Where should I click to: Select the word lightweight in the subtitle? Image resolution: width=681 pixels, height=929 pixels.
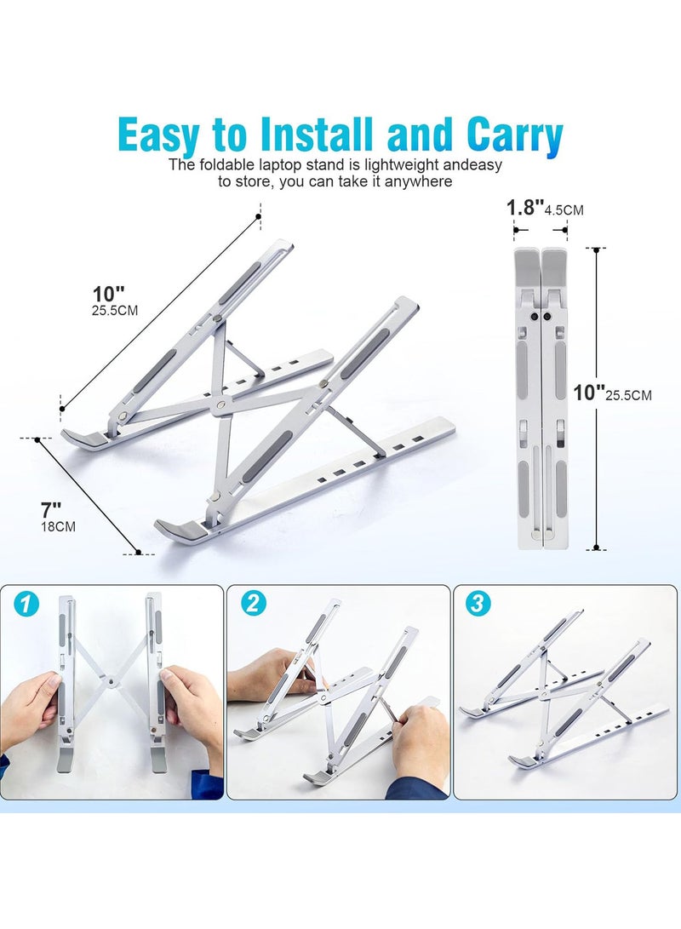(x=402, y=164)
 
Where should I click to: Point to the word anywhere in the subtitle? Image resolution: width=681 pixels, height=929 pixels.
(x=418, y=181)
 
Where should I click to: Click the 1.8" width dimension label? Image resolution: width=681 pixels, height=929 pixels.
(x=524, y=208)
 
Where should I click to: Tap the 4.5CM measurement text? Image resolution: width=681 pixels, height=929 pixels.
(x=564, y=210)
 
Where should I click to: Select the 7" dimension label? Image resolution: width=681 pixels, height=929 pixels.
(x=51, y=510)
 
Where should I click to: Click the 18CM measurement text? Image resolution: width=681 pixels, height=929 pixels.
(x=58, y=527)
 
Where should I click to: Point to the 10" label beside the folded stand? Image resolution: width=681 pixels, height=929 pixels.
(x=589, y=392)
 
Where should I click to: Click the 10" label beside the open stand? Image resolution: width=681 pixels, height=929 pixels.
(x=108, y=294)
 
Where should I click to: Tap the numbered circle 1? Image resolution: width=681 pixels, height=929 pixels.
(x=26, y=605)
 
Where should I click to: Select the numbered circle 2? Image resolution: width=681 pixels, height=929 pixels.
(x=253, y=603)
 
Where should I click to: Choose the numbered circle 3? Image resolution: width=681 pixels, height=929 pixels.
(x=478, y=604)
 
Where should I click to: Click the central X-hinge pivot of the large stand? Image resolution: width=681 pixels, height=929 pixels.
(x=220, y=406)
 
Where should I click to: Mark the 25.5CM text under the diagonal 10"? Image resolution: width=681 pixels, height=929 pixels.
(x=114, y=311)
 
